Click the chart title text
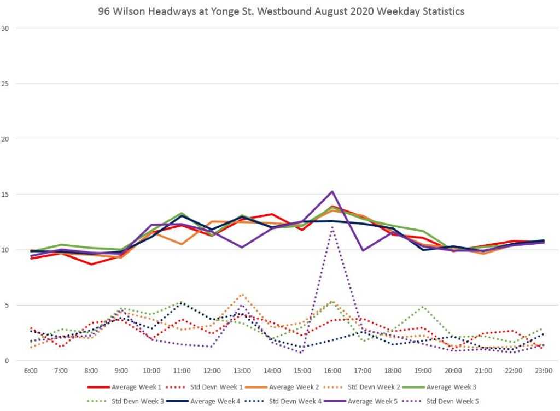click(x=281, y=11)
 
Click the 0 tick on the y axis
click(x=7, y=361)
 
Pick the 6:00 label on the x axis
click(x=31, y=371)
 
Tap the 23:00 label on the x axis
click(x=542, y=371)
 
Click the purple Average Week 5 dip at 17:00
click(x=362, y=250)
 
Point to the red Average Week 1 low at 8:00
click(x=91, y=264)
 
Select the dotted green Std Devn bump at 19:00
click(x=422, y=307)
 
